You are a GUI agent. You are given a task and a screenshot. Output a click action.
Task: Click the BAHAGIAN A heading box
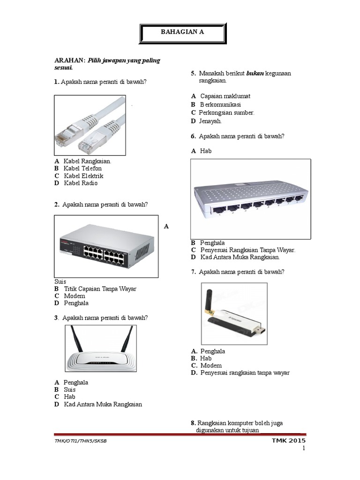183,32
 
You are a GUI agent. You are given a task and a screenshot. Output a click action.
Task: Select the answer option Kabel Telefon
82,168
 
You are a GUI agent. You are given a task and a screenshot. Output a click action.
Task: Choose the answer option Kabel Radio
81,183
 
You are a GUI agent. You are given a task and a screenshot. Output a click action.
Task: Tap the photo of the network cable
90,125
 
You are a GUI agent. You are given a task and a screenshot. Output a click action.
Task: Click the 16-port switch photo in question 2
106,246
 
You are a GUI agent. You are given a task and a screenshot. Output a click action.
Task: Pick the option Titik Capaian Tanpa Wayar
100,289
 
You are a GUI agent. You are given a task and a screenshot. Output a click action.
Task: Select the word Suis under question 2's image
60,281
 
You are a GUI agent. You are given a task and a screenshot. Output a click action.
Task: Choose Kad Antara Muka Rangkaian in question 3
103,404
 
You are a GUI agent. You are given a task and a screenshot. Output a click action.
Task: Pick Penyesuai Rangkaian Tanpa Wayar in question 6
247,250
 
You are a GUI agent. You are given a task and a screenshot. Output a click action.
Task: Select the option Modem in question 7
211,366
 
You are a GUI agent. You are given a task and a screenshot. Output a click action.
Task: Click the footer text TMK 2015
288,441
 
